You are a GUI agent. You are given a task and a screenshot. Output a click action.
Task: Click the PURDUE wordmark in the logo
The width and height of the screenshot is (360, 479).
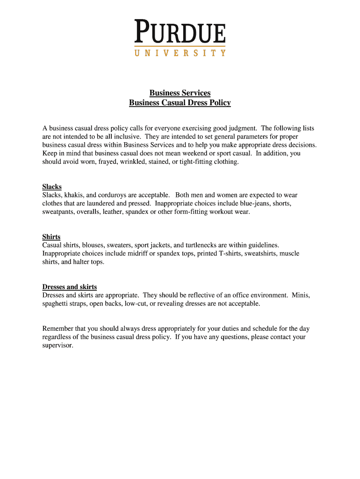tap(180, 31)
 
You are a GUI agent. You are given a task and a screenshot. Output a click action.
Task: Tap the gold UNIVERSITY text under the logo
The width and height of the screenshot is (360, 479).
tap(180, 53)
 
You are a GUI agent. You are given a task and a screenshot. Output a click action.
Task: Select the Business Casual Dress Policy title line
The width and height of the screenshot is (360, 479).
tap(180, 102)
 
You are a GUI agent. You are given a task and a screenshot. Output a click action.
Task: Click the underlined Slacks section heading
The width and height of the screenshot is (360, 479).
tap(52, 187)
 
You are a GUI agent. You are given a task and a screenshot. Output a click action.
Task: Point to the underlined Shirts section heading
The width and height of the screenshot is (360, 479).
tap(51, 237)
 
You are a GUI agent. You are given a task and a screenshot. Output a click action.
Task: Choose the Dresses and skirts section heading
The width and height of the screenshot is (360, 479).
tap(70, 287)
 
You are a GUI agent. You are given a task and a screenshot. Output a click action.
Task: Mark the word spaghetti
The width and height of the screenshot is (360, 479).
tap(57, 304)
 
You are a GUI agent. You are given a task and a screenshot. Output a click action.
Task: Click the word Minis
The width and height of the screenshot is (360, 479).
tap(300, 295)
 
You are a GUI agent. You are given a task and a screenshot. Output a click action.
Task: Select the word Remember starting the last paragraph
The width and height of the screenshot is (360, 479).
tap(58, 328)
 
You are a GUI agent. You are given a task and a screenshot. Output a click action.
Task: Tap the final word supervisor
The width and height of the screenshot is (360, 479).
tap(58, 345)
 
